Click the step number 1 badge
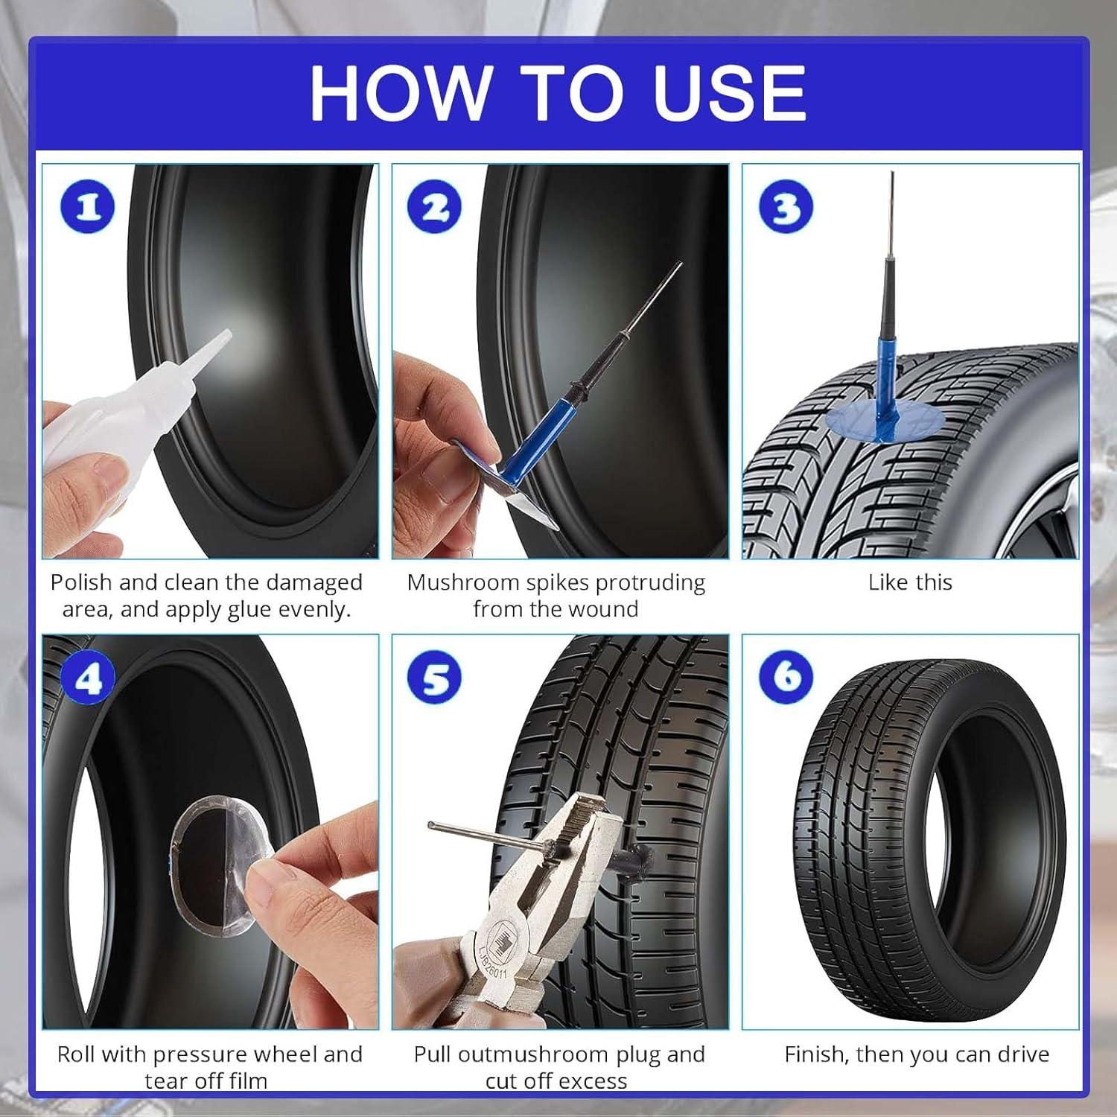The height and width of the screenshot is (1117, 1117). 88,207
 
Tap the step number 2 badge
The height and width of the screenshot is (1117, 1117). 435,207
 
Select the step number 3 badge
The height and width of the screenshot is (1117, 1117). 785,207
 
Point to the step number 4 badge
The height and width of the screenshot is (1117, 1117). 88,678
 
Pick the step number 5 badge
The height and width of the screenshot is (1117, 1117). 435,678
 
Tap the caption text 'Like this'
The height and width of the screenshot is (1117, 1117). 910,582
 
